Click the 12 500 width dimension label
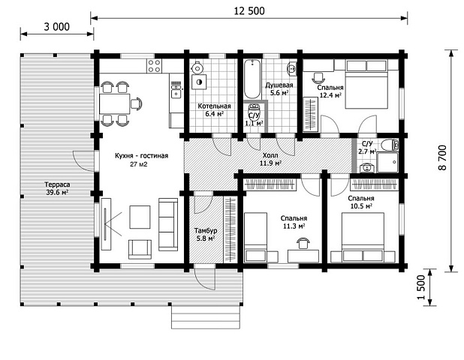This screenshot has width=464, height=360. (249, 11)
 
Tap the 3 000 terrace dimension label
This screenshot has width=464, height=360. (57, 26)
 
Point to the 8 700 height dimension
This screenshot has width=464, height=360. (442, 157)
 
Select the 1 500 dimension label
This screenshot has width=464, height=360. (421, 287)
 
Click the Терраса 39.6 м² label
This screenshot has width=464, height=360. (57, 188)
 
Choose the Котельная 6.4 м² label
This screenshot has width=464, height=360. (214, 109)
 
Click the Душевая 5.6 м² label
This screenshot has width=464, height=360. (279, 88)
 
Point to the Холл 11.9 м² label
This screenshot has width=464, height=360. (270, 159)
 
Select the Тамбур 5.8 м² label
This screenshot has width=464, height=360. (206, 234)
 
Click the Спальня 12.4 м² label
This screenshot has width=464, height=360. (330, 91)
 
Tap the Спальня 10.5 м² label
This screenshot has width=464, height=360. (361, 202)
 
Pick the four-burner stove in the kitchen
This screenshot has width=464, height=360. (154, 66)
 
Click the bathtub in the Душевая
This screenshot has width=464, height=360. (252, 79)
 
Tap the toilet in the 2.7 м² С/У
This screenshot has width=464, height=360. (390, 145)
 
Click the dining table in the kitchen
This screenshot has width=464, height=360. (115, 103)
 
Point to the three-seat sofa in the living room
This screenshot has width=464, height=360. (168, 225)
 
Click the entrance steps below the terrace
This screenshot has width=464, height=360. (206, 316)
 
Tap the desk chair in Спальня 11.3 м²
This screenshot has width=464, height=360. (303, 243)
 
